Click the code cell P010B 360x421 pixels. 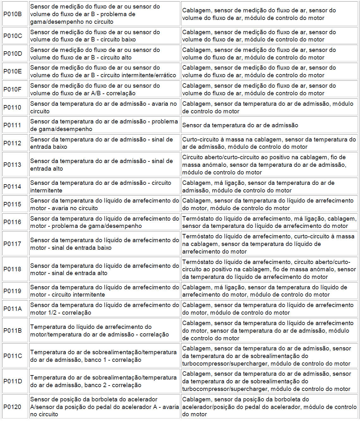tap(13, 14)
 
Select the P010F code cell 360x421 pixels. tap(13, 89)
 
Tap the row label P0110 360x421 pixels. tap(13, 107)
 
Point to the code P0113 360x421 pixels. tap(13, 165)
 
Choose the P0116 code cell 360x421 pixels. tap(13, 222)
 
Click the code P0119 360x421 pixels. tap(13, 291)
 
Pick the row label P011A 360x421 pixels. tap(13, 309)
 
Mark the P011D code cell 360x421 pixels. tap(13, 381)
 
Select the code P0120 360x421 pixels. tap(13, 407)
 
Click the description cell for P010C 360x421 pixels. tap(104, 36)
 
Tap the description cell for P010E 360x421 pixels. tap(104, 72)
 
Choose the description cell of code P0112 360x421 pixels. tap(104, 143)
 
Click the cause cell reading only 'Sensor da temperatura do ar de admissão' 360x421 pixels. tap(269, 125)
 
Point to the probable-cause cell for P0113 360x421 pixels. tap(269, 165)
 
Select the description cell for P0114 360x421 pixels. tap(104, 186)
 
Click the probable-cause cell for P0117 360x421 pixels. tap(269, 244)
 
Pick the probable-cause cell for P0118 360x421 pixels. tap(269, 269)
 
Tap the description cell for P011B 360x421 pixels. tap(104, 330)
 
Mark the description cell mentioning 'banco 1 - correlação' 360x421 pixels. tap(104, 356)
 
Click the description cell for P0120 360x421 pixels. tap(104, 407)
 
